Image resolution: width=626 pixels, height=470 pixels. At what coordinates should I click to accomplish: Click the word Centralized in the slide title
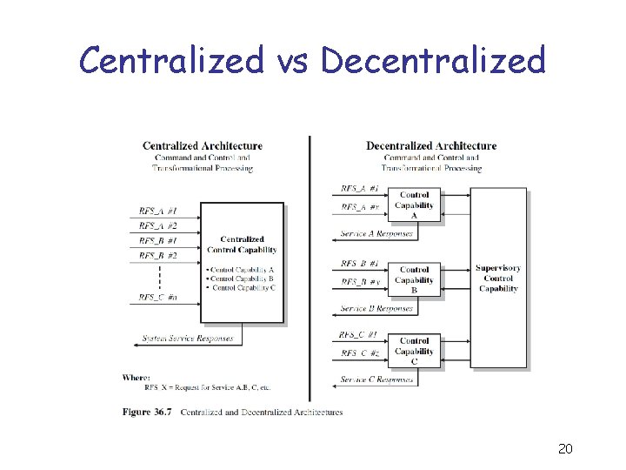[171, 60]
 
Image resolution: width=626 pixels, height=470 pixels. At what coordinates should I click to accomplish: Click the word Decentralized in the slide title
[432, 60]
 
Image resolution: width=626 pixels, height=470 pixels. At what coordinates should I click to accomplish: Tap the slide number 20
[565, 449]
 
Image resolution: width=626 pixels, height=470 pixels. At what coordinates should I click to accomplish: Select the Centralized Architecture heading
[203, 145]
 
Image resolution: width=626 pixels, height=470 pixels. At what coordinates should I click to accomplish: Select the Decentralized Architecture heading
[431, 145]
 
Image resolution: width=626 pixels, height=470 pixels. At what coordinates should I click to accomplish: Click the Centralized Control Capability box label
[242, 245]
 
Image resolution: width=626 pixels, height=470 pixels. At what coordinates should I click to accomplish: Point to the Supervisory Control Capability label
[498, 278]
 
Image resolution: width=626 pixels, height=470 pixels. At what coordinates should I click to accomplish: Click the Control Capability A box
[415, 205]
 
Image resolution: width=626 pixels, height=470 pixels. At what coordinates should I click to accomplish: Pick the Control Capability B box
[415, 280]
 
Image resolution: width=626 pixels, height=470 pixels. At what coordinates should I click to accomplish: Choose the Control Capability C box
[415, 352]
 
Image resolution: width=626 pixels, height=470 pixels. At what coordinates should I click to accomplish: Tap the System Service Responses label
[189, 338]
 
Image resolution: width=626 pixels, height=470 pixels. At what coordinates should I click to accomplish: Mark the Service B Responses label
[376, 308]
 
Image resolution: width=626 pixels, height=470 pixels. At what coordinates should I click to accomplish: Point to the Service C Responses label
[376, 379]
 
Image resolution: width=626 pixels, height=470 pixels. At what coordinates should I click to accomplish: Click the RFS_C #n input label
[159, 297]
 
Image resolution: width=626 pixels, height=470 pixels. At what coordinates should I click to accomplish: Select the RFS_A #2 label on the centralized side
[158, 225]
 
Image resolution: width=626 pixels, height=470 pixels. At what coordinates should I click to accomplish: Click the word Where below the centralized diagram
[137, 377]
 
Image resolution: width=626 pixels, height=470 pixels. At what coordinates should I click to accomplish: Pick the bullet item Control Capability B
[242, 279]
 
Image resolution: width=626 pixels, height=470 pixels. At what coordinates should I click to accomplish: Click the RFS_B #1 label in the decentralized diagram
[360, 263]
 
